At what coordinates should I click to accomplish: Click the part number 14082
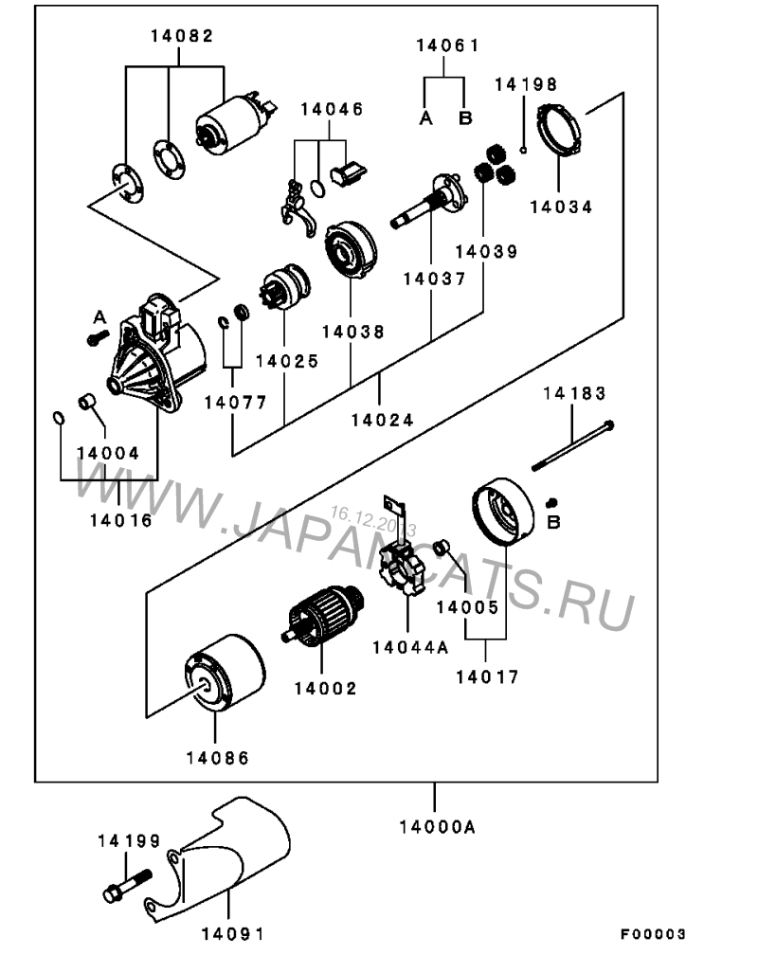pyautogui.click(x=181, y=36)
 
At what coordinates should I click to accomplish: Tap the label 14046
pyautogui.click(x=332, y=109)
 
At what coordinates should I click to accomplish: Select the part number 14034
pyautogui.click(x=561, y=206)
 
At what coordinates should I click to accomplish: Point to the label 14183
pyautogui.click(x=575, y=393)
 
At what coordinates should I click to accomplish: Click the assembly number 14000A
pyautogui.click(x=436, y=826)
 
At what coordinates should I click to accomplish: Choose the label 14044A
pyautogui.click(x=409, y=648)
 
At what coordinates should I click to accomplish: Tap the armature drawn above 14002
pyautogui.click(x=326, y=620)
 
